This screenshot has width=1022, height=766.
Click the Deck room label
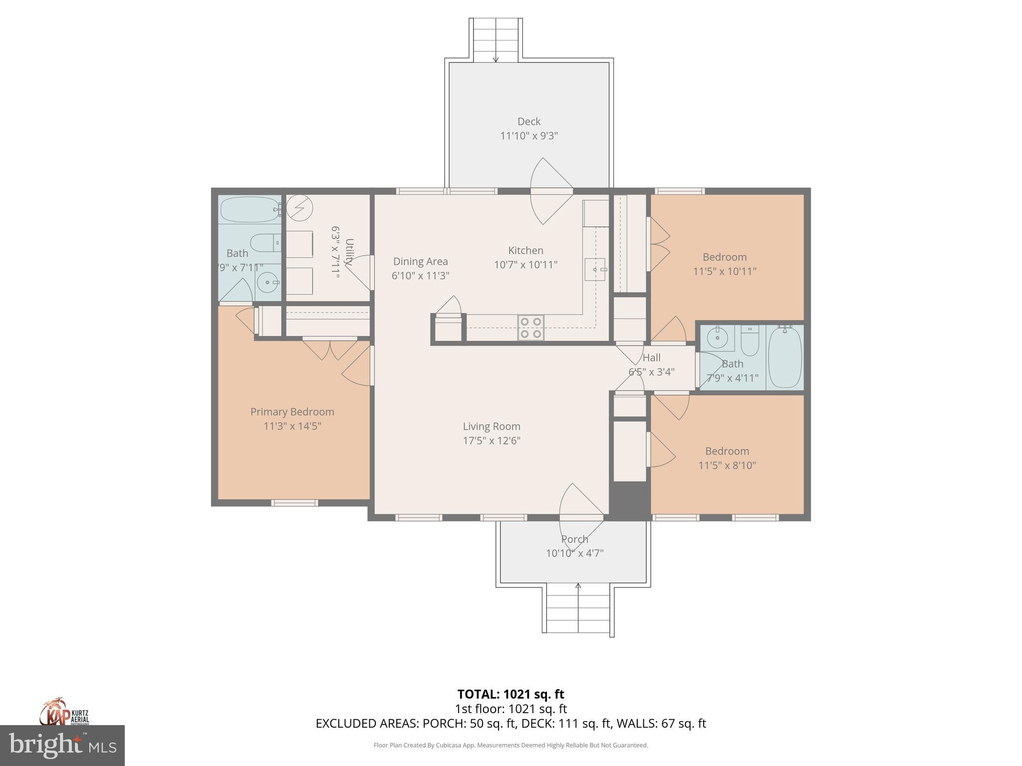(528, 121)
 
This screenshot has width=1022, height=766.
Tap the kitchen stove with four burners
(530, 328)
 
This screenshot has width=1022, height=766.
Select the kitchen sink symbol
(595, 269)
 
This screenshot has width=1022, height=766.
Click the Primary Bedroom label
(292, 411)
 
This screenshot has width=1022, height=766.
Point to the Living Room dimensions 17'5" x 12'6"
(492, 440)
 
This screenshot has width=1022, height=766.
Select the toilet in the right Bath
(750, 338)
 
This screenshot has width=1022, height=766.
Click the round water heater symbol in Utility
(299, 207)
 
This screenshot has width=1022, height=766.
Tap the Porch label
(574, 539)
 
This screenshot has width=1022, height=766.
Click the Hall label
(651, 358)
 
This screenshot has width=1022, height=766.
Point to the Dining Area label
(420, 261)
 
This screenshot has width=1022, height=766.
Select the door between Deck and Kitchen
(551, 191)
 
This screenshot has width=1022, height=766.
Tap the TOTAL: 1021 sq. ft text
(511, 694)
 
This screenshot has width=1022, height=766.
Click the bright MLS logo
(62, 746)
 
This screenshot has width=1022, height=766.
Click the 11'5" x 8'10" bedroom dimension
(727, 465)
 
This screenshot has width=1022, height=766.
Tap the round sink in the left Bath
(268, 283)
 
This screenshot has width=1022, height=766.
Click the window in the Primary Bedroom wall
(294, 503)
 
